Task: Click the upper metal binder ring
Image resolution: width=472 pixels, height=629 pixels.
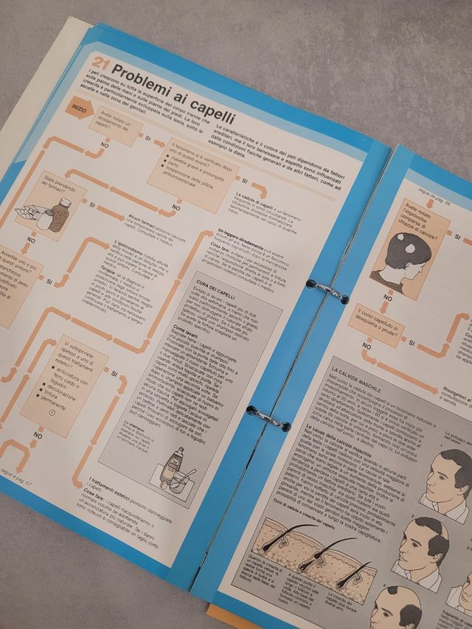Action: click(x=326, y=290)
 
